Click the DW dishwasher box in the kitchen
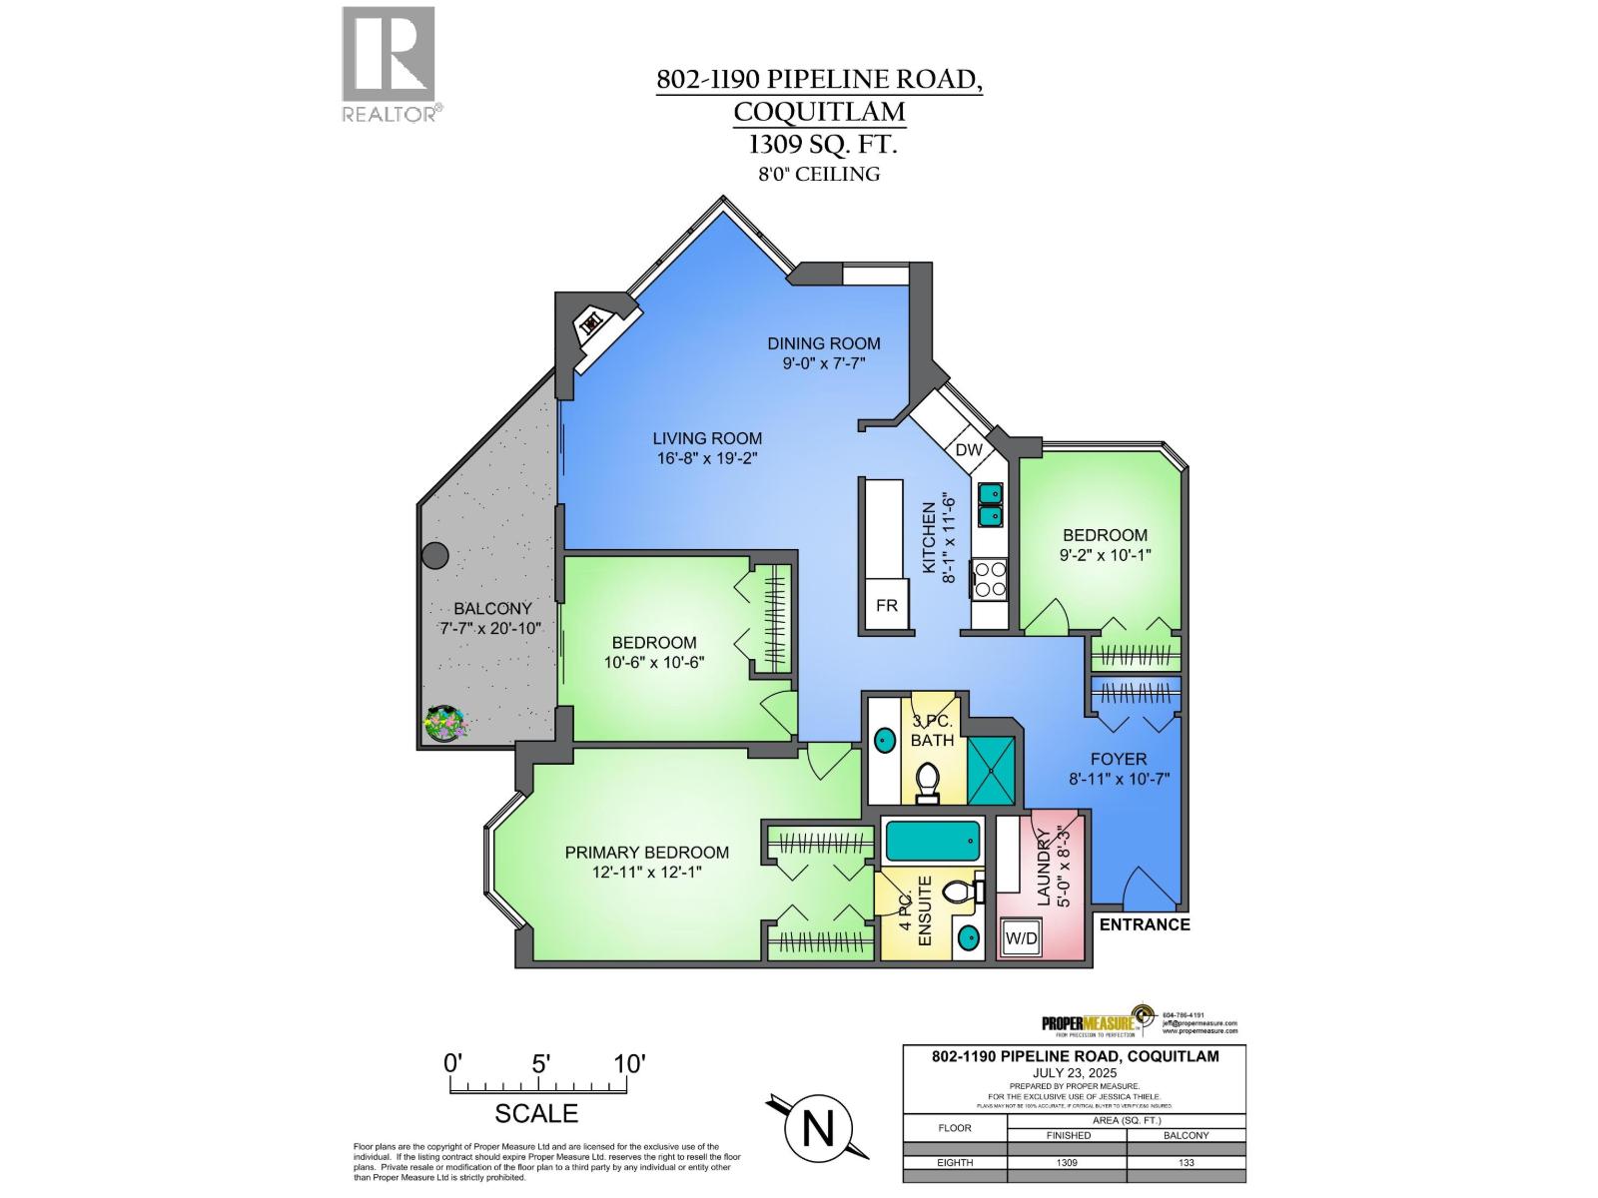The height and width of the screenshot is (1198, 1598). [x=969, y=450]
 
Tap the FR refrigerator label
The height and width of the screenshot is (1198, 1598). [x=887, y=606]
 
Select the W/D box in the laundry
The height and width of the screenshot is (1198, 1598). [x=1020, y=938]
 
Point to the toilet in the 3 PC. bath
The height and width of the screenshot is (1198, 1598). [x=928, y=782]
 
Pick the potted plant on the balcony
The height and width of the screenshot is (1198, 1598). [x=445, y=723]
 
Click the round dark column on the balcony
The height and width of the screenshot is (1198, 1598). [x=434, y=556]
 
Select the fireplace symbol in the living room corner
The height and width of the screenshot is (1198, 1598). [x=590, y=323]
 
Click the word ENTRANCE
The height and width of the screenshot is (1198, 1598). [x=1145, y=924]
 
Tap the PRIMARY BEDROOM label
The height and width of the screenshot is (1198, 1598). [x=646, y=853]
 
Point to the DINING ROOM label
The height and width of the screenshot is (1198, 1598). [x=824, y=343]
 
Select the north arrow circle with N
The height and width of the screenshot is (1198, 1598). [x=818, y=1129]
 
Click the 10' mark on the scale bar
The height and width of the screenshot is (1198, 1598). [x=629, y=1063]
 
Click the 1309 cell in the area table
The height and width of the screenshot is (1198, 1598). [x=1067, y=1162]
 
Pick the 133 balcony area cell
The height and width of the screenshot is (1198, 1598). [x=1186, y=1162]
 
